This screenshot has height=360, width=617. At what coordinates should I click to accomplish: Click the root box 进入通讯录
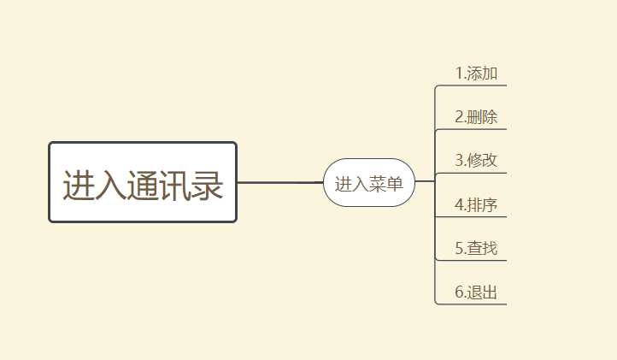(143, 182)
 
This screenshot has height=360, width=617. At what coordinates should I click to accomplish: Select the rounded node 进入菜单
(369, 183)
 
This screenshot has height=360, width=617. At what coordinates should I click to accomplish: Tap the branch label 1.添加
(476, 74)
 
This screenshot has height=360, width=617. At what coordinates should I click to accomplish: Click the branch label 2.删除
(476, 117)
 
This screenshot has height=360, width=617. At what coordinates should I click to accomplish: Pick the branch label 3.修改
(476, 161)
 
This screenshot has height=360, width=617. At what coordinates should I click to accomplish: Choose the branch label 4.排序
(476, 205)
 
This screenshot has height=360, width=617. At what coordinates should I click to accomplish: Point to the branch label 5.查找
(476, 249)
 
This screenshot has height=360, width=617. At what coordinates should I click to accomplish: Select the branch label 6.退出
(476, 292)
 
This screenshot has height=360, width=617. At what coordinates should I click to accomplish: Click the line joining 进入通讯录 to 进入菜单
(279, 182)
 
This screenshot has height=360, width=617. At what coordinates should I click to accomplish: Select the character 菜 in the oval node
(378, 184)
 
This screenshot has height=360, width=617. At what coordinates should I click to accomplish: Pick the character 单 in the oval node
(395, 184)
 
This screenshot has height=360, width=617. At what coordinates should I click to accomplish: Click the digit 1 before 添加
(459, 74)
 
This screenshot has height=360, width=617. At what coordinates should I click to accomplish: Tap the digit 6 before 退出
(459, 292)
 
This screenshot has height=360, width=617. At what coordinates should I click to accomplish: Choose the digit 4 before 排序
(459, 205)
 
